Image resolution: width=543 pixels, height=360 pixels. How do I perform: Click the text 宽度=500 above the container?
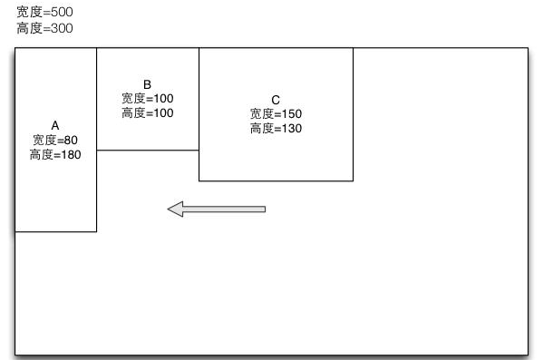coord(44,13)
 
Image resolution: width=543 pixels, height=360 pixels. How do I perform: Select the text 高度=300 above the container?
coord(44,28)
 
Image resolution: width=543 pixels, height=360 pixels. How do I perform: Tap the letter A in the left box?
coord(54,124)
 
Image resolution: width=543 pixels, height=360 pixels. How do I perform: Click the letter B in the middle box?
coord(147,83)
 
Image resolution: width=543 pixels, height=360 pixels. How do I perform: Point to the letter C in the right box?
coord(276,99)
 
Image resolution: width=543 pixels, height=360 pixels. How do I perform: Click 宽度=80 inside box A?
coord(55,140)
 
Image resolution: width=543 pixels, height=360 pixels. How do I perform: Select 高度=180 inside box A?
coord(55,155)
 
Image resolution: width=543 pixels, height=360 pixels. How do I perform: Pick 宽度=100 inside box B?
coord(147,98)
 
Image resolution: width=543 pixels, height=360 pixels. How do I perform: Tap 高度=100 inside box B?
coord(147,113)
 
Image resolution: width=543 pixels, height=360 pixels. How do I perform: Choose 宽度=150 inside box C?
coord(276,113)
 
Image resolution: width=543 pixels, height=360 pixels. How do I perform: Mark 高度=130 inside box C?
coord(276,129)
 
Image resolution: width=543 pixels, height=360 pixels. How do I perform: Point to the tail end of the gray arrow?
coord(264,209)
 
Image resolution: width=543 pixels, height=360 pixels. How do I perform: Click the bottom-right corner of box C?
coord(353,180)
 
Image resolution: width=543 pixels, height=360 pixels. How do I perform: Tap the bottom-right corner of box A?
coord(96,231)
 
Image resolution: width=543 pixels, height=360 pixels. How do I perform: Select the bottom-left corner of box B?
coord(97,150)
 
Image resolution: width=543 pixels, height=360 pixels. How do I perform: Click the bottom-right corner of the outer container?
coord(527,355)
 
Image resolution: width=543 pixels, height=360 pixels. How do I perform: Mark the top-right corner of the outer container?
coord(527,48)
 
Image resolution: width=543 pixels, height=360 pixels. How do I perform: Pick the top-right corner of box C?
coord(353,48)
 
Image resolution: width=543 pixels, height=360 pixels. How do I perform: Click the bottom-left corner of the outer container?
coord(15,355)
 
